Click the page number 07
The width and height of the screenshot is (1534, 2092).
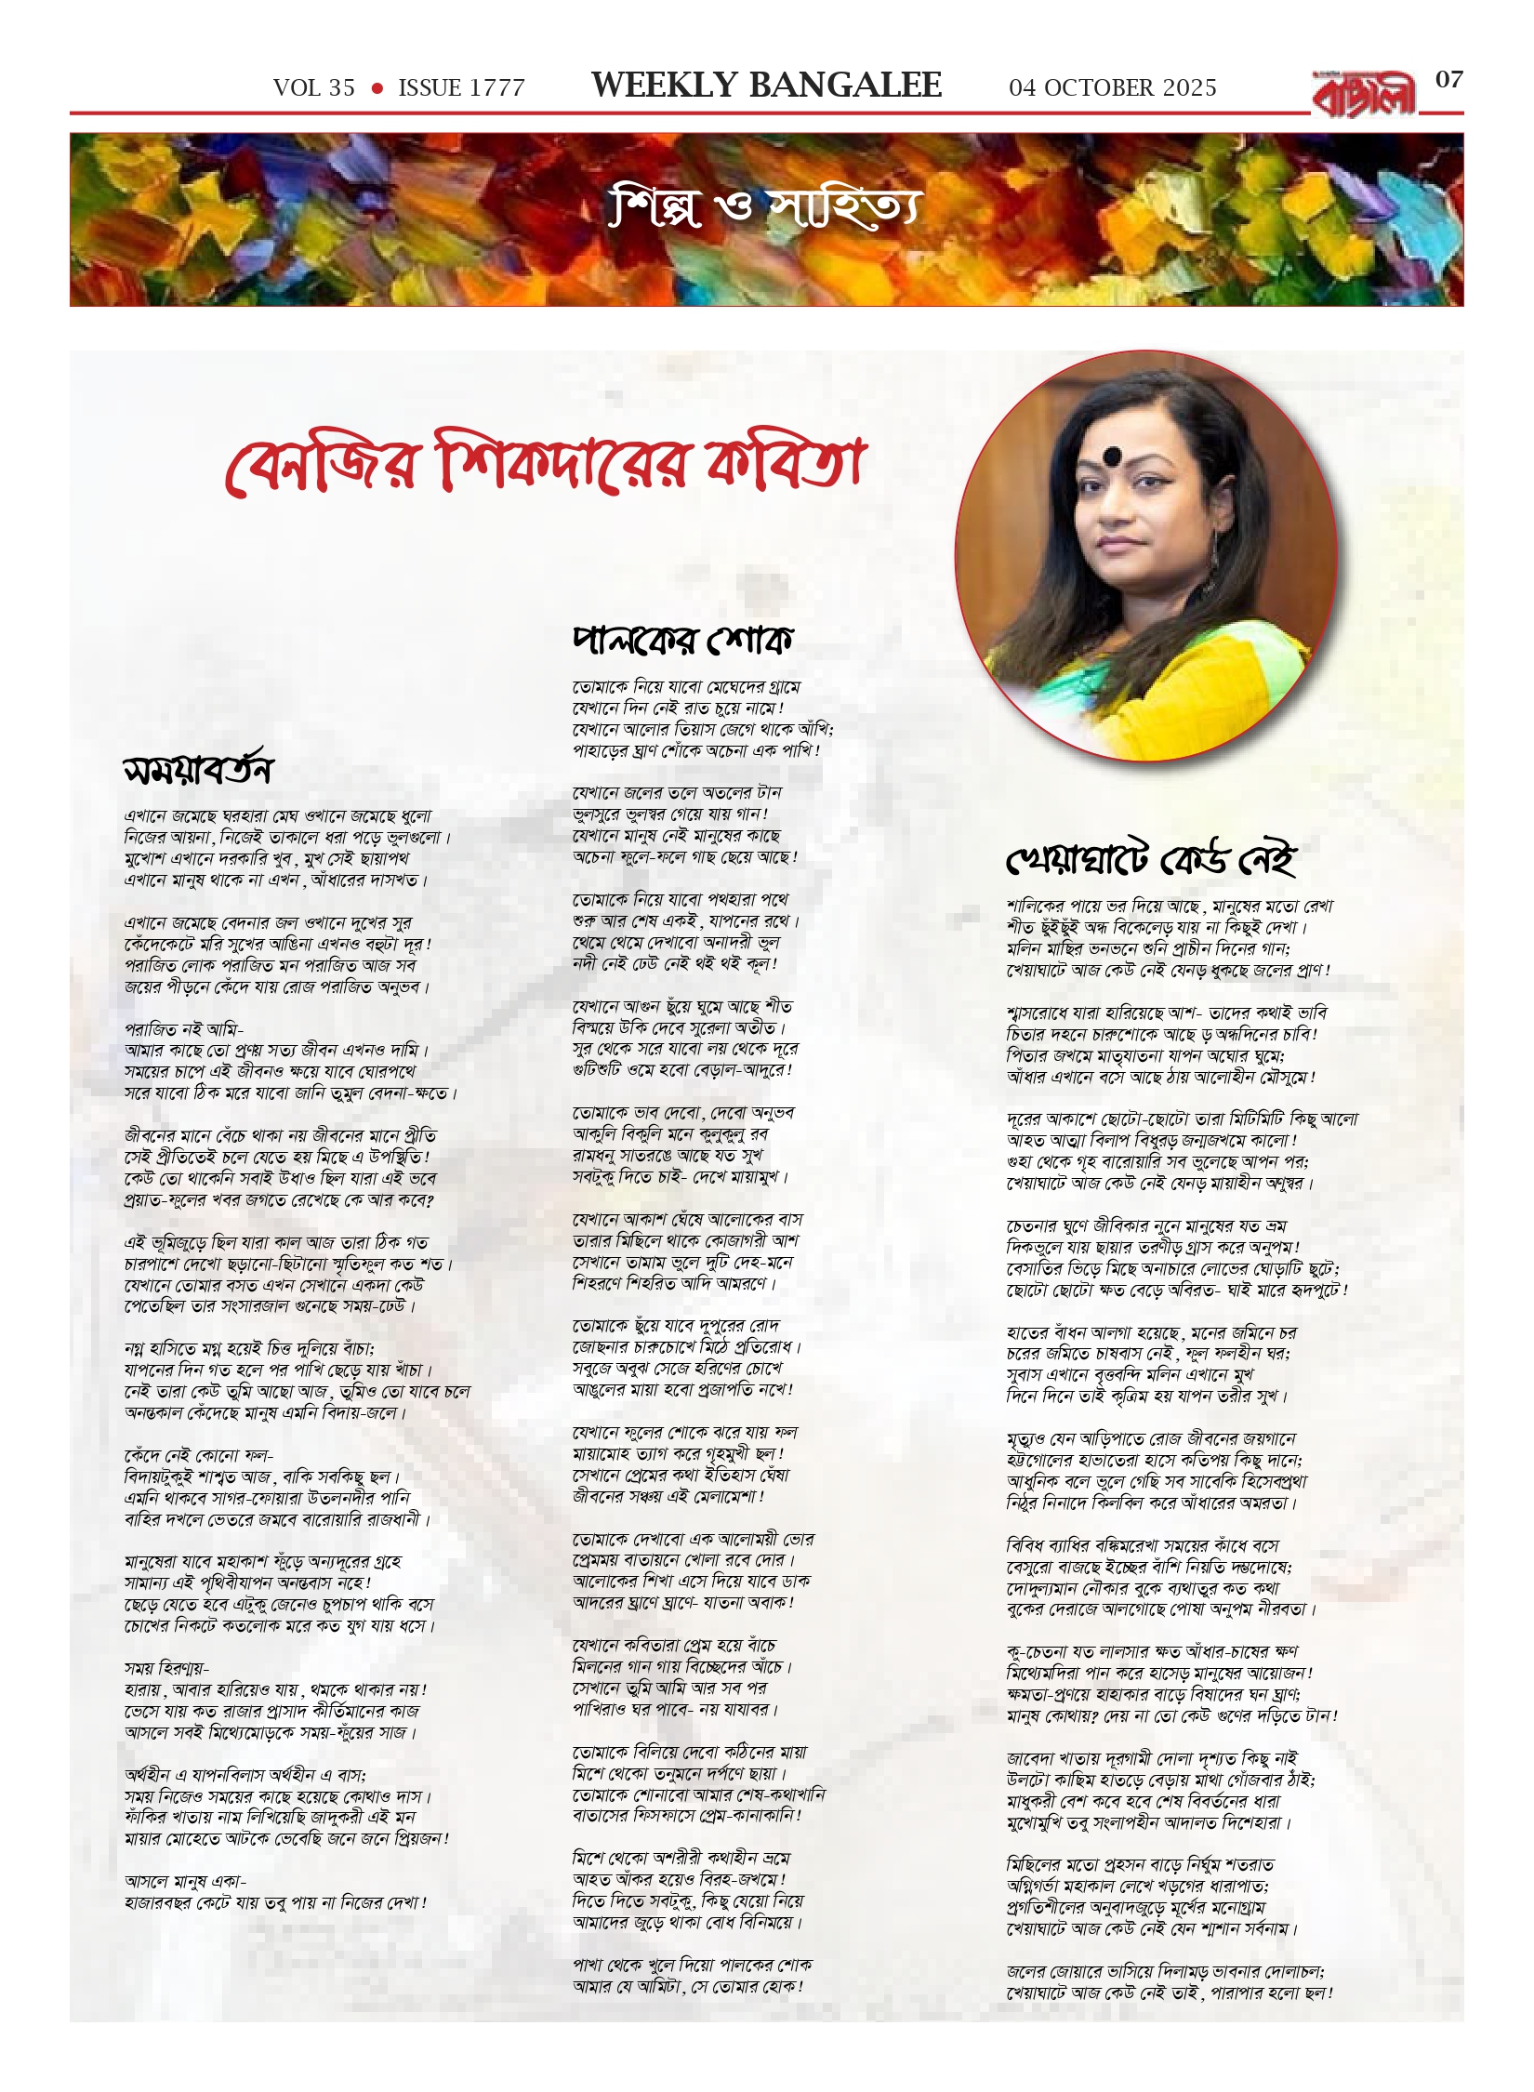pos(1448,80)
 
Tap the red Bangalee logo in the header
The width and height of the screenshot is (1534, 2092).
pos(1364,94)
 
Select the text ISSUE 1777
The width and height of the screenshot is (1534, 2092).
pos(461,88)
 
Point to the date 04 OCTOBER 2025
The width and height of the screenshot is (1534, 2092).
pos(1112,88)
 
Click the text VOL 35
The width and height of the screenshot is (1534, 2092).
pos(313,88)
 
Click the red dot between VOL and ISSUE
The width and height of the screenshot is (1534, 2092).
pos(377,88)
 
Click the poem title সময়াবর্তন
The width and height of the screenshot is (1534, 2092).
pos(198,770)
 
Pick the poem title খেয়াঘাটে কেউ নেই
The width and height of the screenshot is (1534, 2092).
pos(1150,859)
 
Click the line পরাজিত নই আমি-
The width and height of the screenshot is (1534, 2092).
pos(184,1029)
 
